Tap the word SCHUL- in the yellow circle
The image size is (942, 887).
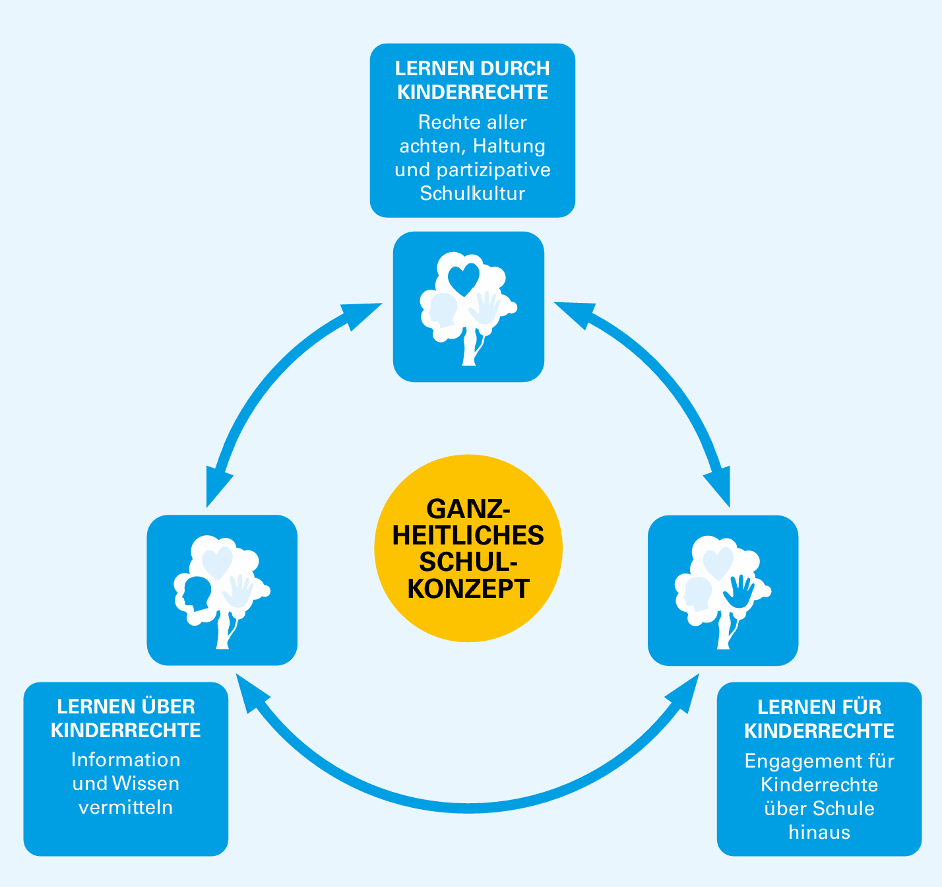point(468,562)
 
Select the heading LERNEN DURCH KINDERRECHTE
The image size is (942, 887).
point(472,80)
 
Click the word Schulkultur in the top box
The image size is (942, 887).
point(472,193)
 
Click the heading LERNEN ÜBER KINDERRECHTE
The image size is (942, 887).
point(126,719)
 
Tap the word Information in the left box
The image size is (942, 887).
point(126,760)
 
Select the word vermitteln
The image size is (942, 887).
point(126,807)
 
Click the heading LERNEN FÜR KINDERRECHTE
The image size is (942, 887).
point(819,719)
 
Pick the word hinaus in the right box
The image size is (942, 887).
point(819,832)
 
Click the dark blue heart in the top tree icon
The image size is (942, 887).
point(463,279)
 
